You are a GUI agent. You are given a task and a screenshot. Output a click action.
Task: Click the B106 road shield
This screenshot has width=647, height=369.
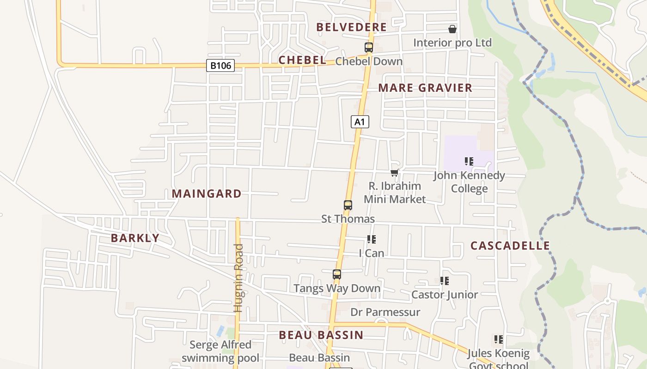[x=220, y=65]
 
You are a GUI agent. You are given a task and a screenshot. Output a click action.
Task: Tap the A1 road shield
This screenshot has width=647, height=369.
[x=360, y=122]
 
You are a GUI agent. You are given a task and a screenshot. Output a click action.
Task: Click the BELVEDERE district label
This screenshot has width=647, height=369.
[x=351, y=27]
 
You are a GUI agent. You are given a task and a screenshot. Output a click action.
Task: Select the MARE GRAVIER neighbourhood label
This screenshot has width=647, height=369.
[x=425, y=88]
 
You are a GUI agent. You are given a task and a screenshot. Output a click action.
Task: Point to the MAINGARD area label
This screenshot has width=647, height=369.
[x=207, y=194]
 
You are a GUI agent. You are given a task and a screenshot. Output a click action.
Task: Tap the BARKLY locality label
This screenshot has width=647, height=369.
[x=135, y=238]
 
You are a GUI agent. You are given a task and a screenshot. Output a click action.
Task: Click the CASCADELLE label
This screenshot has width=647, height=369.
[x=510, y=245]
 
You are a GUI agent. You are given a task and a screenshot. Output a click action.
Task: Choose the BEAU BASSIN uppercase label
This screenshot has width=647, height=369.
[x=321, y=335]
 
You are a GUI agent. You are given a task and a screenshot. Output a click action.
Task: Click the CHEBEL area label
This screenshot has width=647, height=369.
[x=302, y=60]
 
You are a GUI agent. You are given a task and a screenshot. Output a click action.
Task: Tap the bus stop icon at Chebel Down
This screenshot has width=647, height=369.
[x=368, y=48]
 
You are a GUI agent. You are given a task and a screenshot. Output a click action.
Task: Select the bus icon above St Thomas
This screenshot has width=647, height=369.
[x=348, y=205]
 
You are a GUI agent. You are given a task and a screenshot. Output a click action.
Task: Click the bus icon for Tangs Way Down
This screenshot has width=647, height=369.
[x=337, y=274]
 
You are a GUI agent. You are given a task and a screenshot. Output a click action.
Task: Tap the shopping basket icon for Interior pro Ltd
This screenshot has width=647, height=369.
[x=452, y=29]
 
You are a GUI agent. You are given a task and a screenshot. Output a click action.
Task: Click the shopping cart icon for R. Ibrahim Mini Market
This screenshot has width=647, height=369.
[x=394, y=173]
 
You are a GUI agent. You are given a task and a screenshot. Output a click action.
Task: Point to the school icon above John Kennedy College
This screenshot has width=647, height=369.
[x=469, y=161]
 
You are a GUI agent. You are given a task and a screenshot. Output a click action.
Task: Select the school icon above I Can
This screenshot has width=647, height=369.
[x=372, y=239]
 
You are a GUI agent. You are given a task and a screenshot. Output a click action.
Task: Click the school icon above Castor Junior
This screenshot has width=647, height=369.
[x=445, y=281]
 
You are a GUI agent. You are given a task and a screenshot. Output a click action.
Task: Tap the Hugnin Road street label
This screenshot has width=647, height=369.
[x=238, y=278]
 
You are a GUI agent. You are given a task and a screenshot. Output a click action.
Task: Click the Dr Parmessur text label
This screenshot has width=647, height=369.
[x=385, y=312]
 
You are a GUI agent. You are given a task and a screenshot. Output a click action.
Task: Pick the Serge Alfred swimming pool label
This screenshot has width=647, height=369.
[x=220, y=351]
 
